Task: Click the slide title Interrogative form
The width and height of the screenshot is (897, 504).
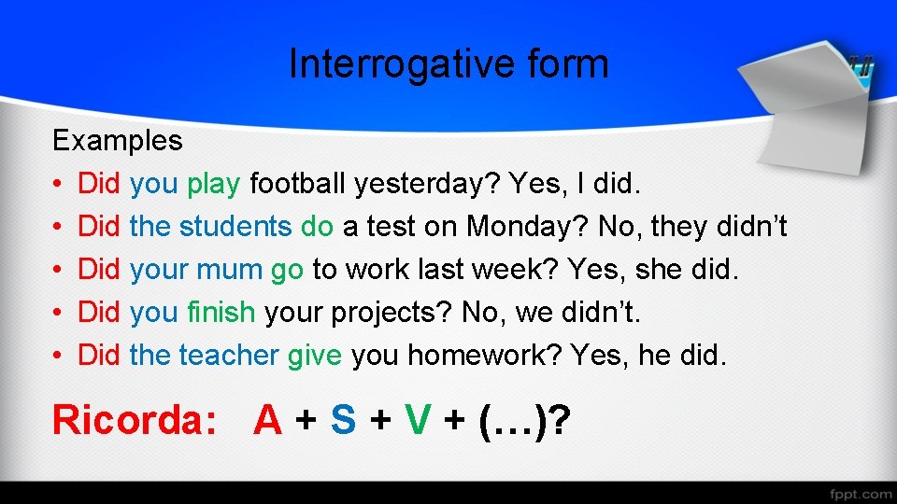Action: point(448,64)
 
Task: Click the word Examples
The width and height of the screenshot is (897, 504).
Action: point(117,141)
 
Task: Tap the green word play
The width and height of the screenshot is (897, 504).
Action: point(213,184)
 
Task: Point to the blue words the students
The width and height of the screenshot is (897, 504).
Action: point(210,227)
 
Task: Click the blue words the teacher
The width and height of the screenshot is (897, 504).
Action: point(204,356)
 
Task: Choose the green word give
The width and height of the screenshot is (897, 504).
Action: point(314,357)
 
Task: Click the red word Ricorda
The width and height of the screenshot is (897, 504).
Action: point(134,421)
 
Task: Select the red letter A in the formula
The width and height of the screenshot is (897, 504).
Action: point(268,421)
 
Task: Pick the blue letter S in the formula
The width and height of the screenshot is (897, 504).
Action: point(343,421)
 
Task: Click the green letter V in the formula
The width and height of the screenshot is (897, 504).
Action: point(417,421)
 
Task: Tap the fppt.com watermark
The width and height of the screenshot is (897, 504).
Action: point(860,493)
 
